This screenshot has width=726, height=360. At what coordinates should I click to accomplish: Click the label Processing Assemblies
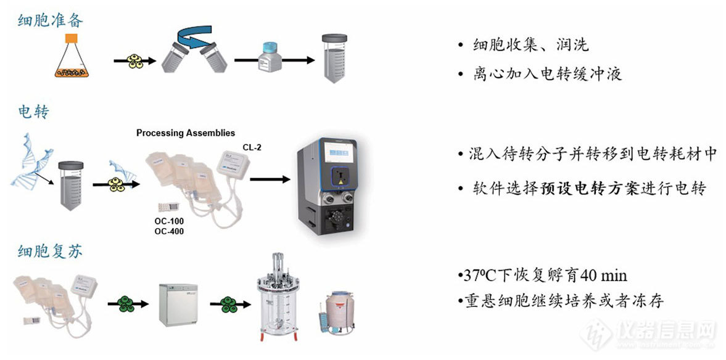185,133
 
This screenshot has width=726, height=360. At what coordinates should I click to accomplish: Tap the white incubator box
178,304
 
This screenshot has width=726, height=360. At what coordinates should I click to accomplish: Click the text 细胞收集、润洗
530,45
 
